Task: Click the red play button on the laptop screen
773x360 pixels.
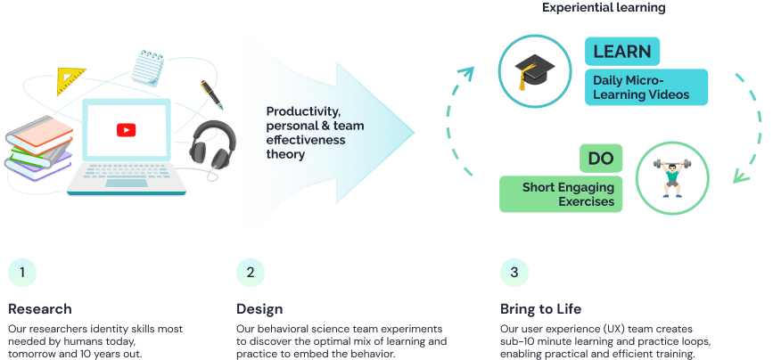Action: pos(126,130)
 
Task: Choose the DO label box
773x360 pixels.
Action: pos(600,160)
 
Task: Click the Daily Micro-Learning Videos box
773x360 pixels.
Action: pos(646,87)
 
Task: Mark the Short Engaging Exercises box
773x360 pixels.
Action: pos(561,194)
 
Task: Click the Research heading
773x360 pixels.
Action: pos(39,309)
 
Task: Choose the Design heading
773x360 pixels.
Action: pos(259,309)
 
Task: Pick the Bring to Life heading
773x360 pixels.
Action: pos(540,309)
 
